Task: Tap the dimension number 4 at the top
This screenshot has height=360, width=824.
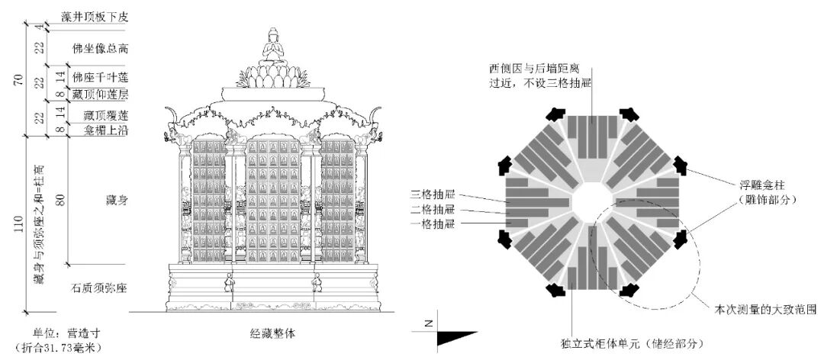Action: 38,27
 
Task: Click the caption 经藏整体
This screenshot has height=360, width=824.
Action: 272,333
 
